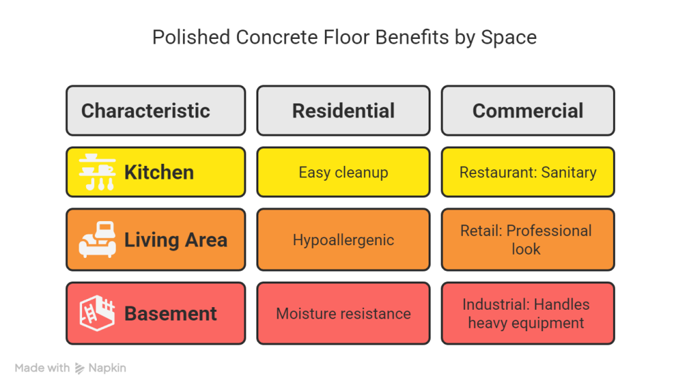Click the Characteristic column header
155,111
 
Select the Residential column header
343,111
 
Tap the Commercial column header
528,111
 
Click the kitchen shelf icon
97,172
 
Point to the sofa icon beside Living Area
97,240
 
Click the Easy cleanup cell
343,172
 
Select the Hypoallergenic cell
343,240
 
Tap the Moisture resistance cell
343,314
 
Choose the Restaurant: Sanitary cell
528,172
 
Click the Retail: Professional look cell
528,240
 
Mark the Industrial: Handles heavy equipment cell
528,314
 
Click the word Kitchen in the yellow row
159,172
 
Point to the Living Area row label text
176,240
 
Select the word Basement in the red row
170,314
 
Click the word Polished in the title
190,38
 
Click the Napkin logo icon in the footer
80,368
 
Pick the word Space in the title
509,38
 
